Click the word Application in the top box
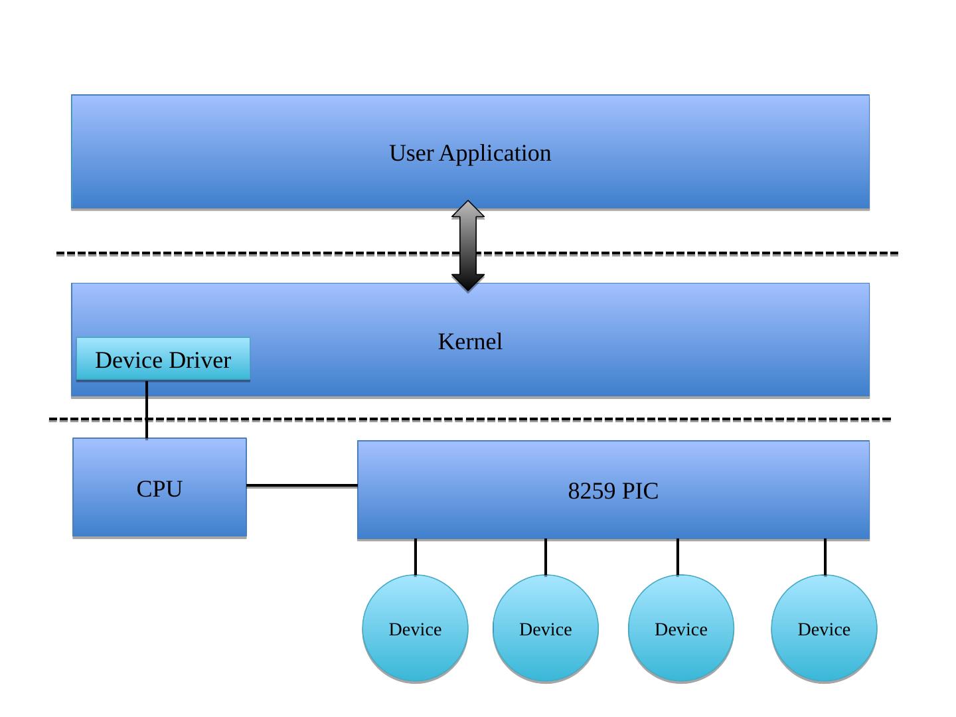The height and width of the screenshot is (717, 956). (x=495, y=153)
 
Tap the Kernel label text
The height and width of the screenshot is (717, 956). (x=470, y=342)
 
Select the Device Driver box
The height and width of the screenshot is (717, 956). (x=163, y=359)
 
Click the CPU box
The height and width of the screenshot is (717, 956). (x=159, y=488)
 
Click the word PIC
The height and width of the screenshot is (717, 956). (x=641, y=491)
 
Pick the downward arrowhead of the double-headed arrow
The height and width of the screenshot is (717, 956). (x=468, y=282)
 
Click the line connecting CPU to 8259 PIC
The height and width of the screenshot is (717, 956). (x=301, y=486)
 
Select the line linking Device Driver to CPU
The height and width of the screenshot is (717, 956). (x=147, y=409)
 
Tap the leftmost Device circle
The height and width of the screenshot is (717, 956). (x=415, y=629)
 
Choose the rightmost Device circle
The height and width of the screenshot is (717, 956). (x=824, y=629)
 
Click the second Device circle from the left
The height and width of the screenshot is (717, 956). (x=546, y=629)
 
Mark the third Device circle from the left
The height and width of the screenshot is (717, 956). (x=681, y=629)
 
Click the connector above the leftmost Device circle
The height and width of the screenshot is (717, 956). (x=416, y=557)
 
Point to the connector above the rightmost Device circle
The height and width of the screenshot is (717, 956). (x=825, y=557)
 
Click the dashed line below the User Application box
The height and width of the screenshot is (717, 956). (x=266, y=254)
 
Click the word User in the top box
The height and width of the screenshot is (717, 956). (x=411, y=153)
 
